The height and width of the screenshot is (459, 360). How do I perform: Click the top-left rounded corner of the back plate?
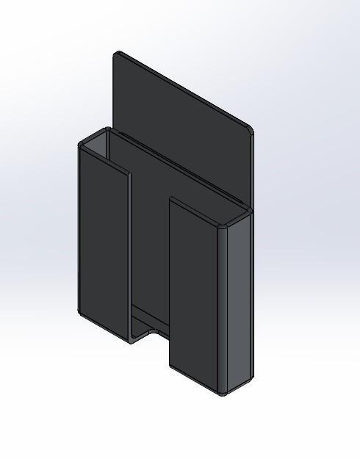[x=118, y=54]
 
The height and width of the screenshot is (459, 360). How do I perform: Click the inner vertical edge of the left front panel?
[x=130, y=257]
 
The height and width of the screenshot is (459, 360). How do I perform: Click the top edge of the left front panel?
[x=104, y=159]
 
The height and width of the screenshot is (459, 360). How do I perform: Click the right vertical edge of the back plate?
[x=252, y=169]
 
